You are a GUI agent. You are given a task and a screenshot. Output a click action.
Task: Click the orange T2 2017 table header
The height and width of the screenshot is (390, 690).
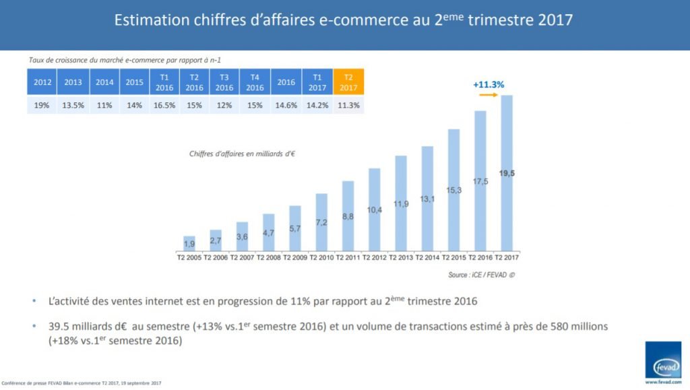click(x=348, y=82)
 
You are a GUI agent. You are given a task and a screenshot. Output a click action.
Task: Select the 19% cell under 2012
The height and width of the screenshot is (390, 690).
click(x=41, y=105)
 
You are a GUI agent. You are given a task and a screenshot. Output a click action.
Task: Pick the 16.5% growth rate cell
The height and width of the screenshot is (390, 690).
click(x=164, y=105)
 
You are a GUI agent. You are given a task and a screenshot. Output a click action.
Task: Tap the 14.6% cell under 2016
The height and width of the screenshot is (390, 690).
click(x=286, y=105)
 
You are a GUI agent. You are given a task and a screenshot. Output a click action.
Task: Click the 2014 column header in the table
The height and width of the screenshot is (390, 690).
click(x=104, y=82)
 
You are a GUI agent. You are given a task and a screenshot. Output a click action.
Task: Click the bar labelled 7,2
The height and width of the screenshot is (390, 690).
click(x=321, y=222)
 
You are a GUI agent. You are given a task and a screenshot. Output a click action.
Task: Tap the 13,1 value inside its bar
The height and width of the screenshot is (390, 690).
click(x=427, y=199)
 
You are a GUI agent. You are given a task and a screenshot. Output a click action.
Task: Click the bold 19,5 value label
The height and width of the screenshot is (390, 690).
click(x=507, y=173)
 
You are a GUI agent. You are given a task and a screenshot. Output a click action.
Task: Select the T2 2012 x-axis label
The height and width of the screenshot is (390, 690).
click(x=375, y=257)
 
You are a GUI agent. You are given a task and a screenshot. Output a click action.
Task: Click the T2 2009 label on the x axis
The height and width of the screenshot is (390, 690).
click(x=295, y=257)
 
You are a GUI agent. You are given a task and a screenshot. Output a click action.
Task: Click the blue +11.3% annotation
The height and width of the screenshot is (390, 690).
click(x=489, y=85)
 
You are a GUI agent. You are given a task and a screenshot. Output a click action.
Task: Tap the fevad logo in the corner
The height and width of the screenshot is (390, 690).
click(x=663, y=360)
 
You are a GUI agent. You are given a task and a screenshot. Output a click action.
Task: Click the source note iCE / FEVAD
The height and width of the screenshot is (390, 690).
click(x=477, y=275)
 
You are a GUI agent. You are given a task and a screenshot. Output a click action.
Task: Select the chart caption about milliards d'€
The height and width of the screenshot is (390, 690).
click(x=243, y=154)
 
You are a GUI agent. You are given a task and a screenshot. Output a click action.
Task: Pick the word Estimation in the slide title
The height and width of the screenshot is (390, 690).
click(x=152, y=20)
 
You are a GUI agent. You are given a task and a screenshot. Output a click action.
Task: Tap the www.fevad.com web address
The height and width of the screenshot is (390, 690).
click(x=663, y=383)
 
